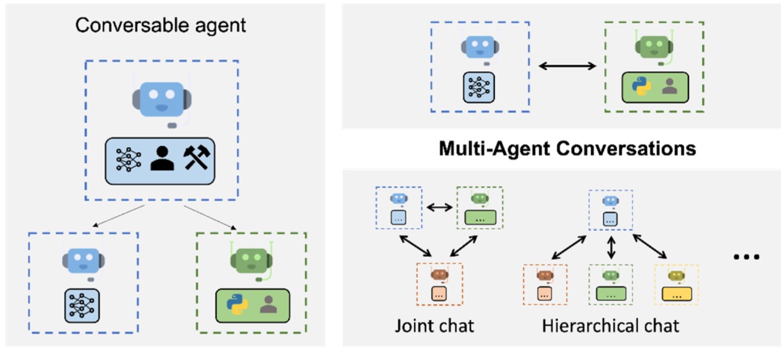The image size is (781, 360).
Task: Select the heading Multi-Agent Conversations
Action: coord(567,149)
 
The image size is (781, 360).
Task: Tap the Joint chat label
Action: coord(434,325)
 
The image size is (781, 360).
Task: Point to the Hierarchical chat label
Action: coord(610,325)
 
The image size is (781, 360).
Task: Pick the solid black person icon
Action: coord(162,157)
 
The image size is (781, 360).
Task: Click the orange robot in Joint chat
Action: coord(439,275)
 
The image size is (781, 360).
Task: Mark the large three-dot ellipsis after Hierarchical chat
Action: coord(746,257)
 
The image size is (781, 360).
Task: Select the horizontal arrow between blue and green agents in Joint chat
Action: coord(439,207)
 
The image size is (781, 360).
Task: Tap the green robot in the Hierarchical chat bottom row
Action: coord(610,276)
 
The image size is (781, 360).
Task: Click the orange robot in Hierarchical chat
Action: coord(545,276)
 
